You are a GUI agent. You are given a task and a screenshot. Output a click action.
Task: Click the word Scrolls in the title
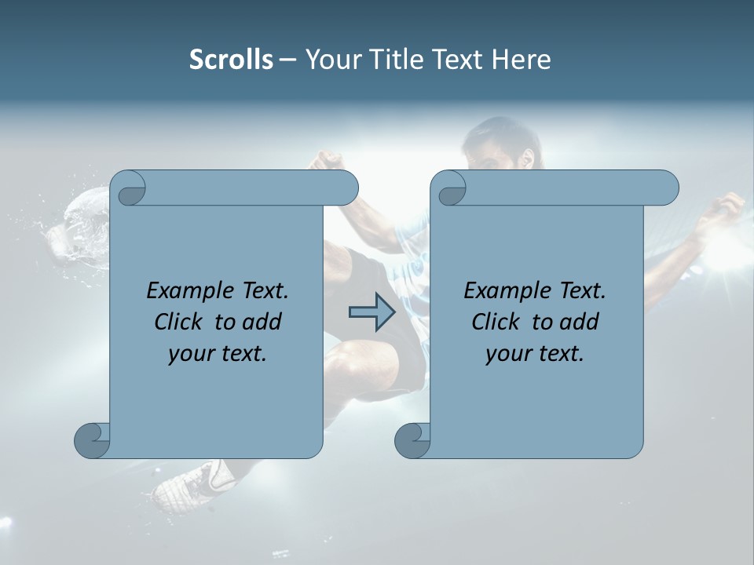[231, 60]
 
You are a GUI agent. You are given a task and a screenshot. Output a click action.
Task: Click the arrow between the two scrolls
[371, 312]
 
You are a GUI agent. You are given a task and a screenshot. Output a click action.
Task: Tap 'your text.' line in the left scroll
[218, 353]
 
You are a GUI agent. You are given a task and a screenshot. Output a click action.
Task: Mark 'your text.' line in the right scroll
[535, 353]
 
